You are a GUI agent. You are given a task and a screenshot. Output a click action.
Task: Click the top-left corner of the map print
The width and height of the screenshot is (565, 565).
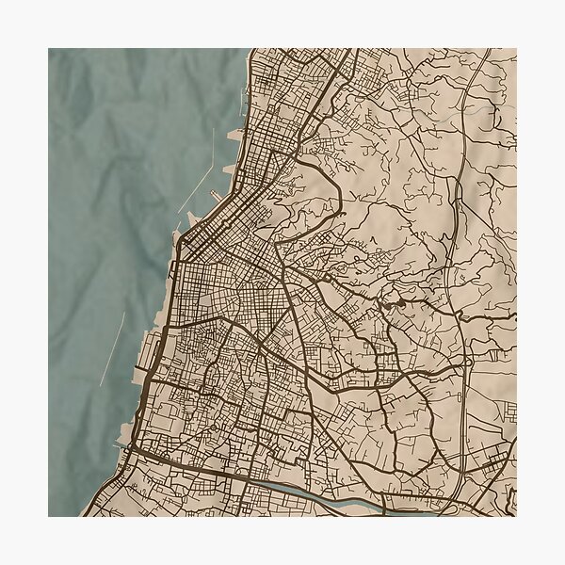(x=49, y=49)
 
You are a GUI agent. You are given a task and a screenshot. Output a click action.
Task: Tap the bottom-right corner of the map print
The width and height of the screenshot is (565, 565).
(x=516, y=516)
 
